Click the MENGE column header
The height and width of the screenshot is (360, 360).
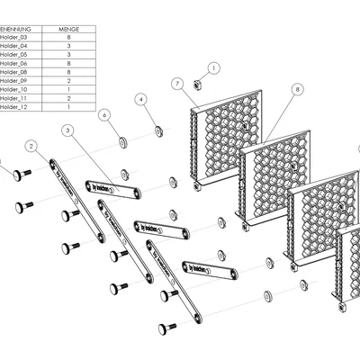(x=68, y=29)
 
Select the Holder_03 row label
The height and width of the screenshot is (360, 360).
(x=15, y=38)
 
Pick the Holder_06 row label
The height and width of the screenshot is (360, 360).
(x=15, y=64)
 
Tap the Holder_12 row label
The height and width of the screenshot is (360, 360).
(x=15, y=107)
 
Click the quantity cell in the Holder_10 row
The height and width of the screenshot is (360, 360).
(x=68, y=90)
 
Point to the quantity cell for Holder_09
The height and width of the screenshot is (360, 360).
(x=68, y=81)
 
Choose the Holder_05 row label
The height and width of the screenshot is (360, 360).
(x=15, y=55)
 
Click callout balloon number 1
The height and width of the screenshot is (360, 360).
(x=213, y=67)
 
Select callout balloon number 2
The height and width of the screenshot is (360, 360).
(x=31, y=145)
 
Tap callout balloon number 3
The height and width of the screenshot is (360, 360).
(x=67, y=130)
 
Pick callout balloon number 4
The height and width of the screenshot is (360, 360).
(x=140, y=100)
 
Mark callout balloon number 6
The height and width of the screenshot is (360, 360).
(x=104, y=115)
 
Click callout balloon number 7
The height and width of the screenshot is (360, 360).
(x=177, y=84)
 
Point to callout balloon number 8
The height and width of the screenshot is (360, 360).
(x=298, y=89)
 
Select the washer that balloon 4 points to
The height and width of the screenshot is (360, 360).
(x=158, y=131)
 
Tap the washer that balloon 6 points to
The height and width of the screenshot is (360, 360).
(x=122, y=142)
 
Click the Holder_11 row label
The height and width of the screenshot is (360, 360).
(x=15, y=99)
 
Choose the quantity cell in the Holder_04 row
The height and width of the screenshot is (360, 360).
(x=68, y=46)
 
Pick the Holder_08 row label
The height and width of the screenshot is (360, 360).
(x=15, y=72)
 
